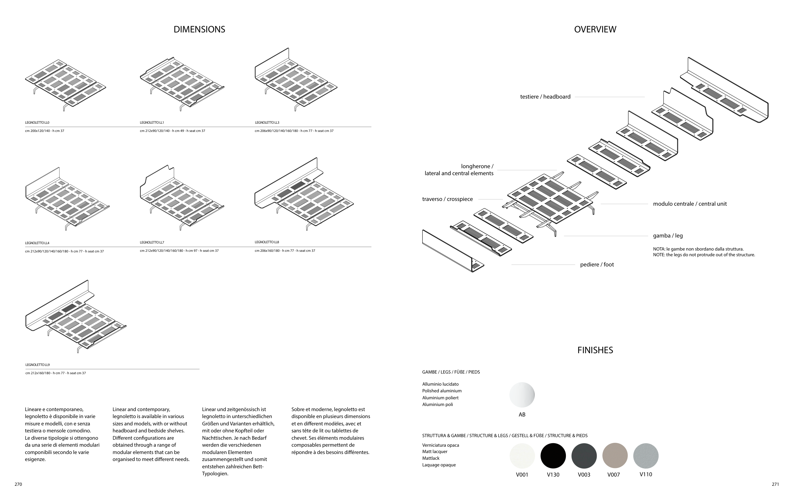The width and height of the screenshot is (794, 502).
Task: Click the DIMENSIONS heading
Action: tap(199, 29)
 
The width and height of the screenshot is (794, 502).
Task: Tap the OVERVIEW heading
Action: tap(595, 29)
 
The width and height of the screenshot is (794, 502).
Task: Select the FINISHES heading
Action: tap(595, 350)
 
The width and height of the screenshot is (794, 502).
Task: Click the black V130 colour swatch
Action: tap(553, 456)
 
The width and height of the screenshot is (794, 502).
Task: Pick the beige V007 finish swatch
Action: tap(614, 456)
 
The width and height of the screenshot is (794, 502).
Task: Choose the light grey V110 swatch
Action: tap(646, 456)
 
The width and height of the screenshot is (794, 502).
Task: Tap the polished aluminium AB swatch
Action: tap(522, 395)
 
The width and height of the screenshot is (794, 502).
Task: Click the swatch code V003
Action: tap(584, 475)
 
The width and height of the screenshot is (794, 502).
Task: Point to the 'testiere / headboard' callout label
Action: tap(545, 97)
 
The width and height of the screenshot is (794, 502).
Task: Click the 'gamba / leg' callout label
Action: tap(668, 236)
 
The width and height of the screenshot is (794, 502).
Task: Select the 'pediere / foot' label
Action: tap(597, 265)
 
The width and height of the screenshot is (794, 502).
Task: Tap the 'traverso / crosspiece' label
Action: tap(447, 199)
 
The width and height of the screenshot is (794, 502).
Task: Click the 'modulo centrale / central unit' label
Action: tap(690, 204)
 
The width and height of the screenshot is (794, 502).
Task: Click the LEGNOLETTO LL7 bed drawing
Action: tap(181, 198)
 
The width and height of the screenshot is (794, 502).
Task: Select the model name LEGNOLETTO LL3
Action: tap(267, 123)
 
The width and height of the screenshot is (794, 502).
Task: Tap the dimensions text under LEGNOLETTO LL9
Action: tap(55, 373)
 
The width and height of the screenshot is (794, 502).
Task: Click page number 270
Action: tap(18, 484)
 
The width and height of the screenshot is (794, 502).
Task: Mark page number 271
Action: tap(775, 484)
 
